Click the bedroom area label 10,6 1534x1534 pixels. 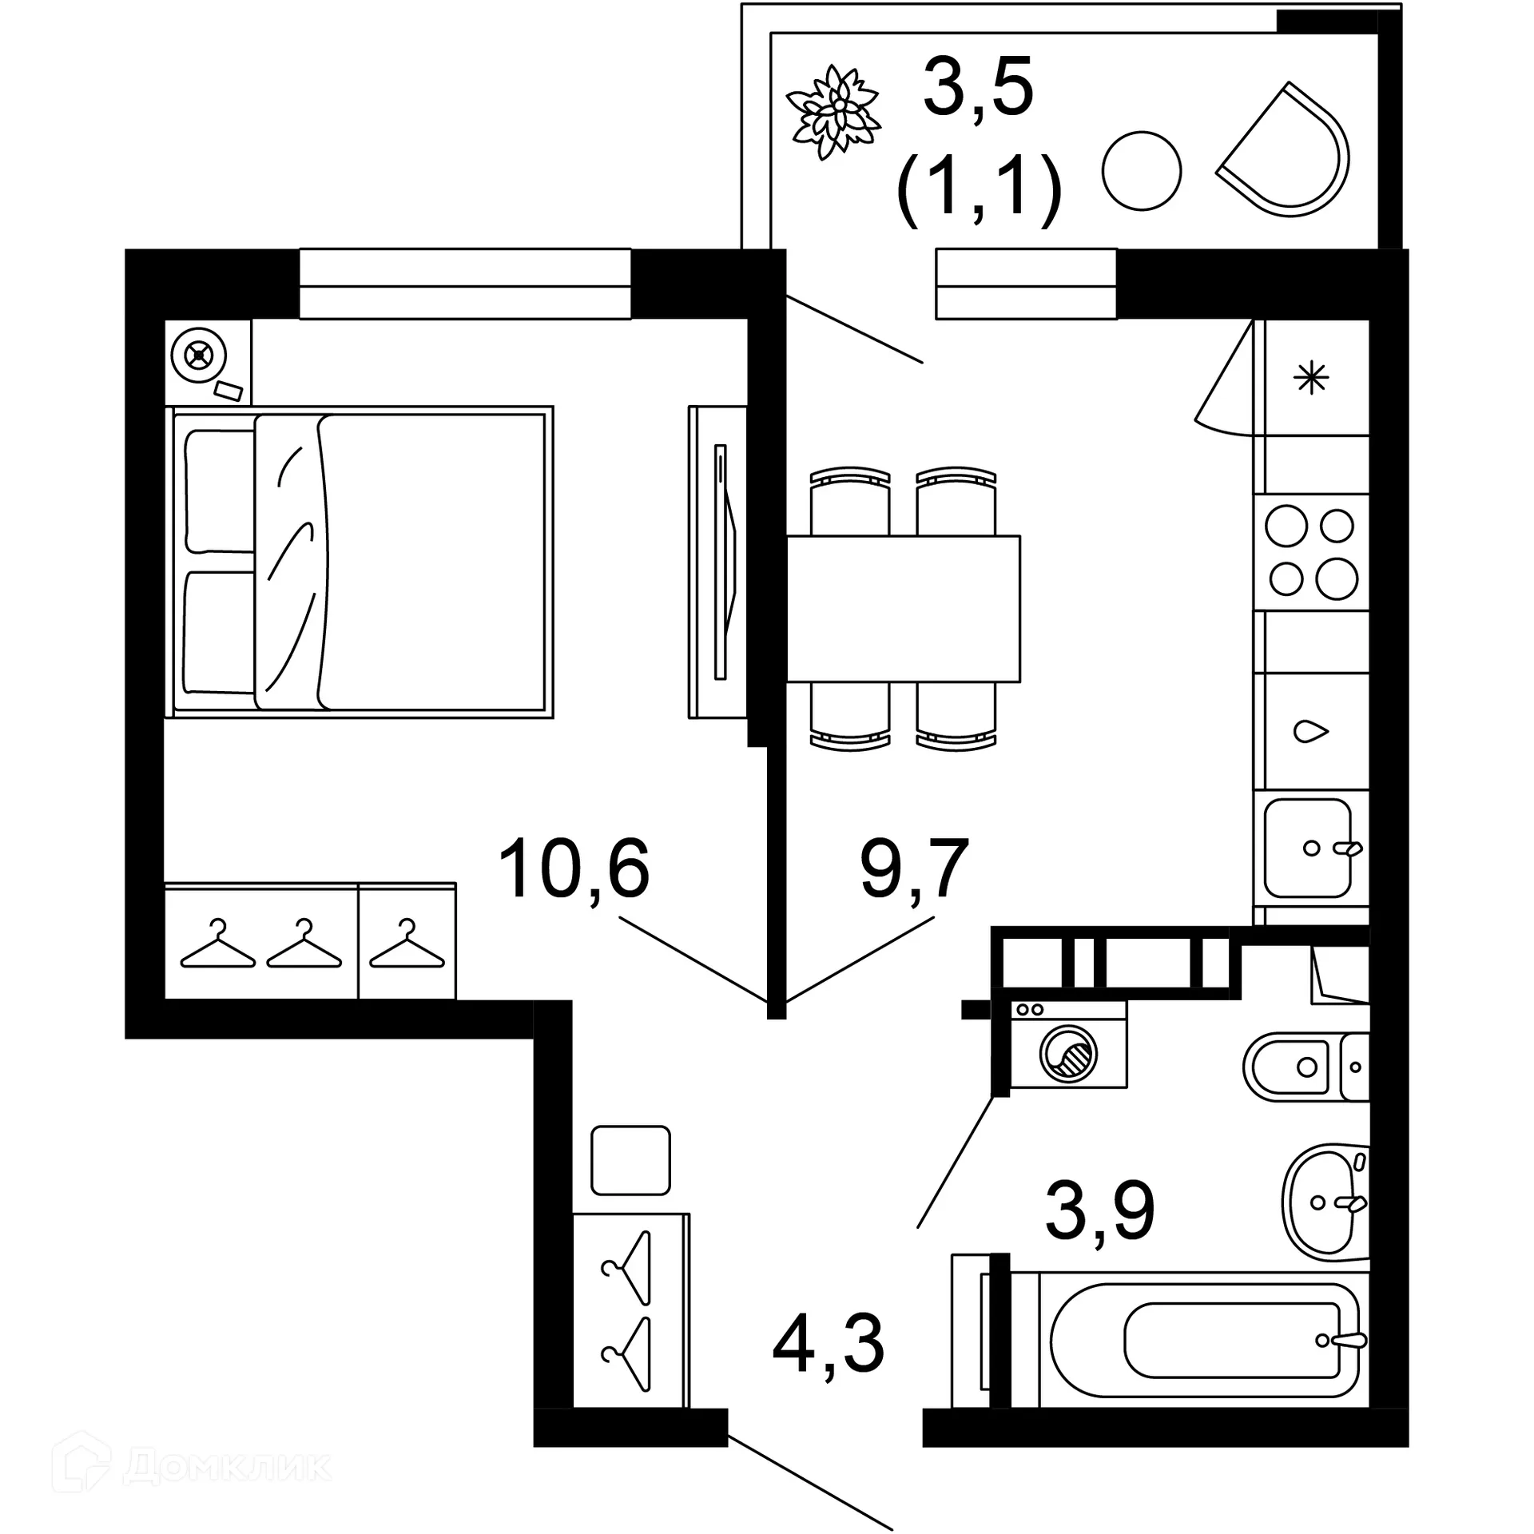click(x=574, y=869)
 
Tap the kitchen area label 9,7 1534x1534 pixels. click(x=914, y=869)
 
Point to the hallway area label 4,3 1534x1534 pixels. click(x=829, y=1344)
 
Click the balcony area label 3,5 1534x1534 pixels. click(x=978, y=88)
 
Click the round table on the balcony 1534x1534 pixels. click(x=1141, y=171)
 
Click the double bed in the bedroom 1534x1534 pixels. click(x=360, y=562)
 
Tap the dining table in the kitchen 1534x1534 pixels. click(x=903, y=608)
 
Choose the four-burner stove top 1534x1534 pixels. click(x=1311, y=552)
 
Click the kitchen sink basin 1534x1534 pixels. click(x=1307, y=848)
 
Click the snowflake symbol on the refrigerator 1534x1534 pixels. click(x=1311, y=378)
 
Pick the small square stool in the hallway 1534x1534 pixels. click(x=630, y=1160)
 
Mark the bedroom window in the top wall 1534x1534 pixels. click(x=465, y=284)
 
